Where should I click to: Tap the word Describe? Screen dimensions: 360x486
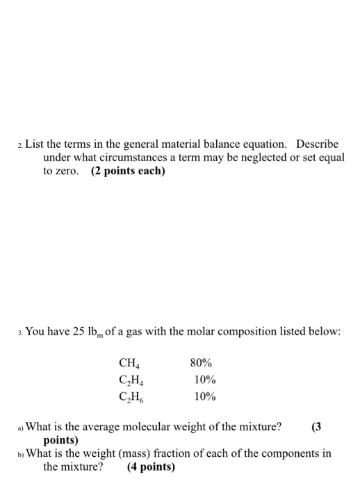point(318,144)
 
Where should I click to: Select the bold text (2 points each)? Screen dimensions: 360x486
point(129,171)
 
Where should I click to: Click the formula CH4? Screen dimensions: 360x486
point(129,363)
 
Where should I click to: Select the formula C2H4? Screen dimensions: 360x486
point(131,380)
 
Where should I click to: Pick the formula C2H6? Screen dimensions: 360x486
point(131,398)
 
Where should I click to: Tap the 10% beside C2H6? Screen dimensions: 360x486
point(204,397)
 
